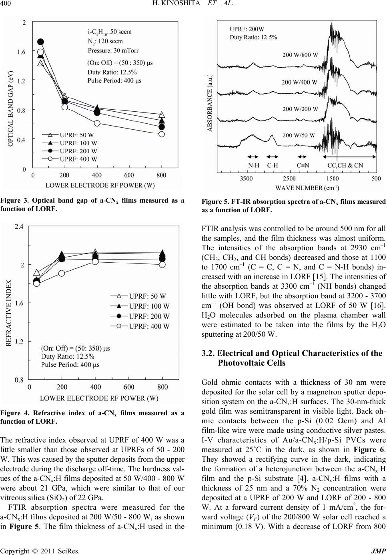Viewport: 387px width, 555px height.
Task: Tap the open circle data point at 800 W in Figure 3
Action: point(162,134)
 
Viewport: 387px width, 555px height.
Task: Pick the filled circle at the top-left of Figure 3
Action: point(40,42)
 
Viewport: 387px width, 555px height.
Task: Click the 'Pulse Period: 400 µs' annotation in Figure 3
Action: point(114,80)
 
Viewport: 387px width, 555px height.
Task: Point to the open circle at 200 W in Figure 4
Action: point(62,273)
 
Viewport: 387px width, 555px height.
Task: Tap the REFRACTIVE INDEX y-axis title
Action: point(9,313)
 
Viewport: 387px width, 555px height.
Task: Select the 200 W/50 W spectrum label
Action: point(299,135)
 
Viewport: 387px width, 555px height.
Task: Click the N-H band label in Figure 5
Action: point(253,165)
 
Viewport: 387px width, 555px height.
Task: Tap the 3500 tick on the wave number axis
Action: point(247,179)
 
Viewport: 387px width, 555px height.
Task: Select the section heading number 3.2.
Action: point(208,353)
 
